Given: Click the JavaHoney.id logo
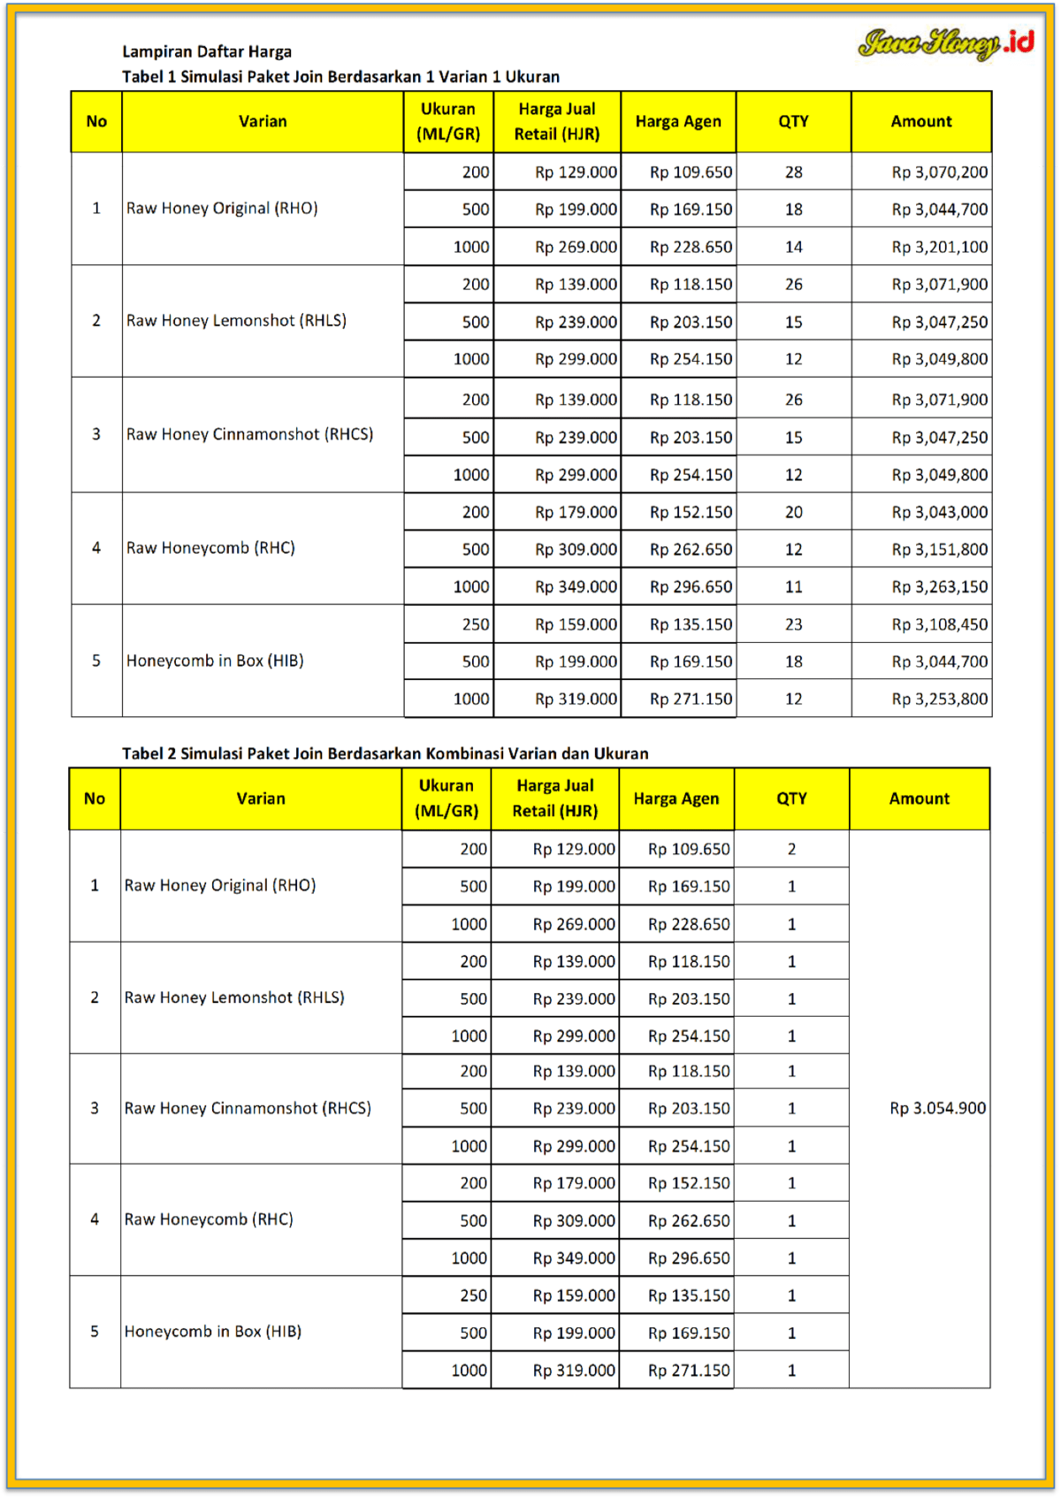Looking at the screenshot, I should (x=945, y=42).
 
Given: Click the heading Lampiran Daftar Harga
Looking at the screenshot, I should (x=207, y=51).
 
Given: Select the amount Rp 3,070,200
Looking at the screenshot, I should (x=939, y=172).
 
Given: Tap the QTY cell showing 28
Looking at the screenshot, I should (x=793, y=172).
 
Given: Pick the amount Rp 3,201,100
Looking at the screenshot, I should (x=939, y=247).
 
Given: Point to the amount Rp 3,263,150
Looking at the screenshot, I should (x=939, y=587).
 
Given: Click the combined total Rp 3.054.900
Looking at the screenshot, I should (x=937, y=1108).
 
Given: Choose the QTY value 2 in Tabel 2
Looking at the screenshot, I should (x=791, y=849).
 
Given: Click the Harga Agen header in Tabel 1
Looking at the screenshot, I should (x=678, y=121).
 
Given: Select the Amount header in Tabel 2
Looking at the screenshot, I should (x=920, y=799).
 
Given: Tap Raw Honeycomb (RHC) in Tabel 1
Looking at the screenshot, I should (x=210, y=548).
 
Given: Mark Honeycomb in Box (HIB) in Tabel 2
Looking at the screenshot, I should (x=213, y=1332).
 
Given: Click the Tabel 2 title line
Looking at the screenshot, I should (x=385, y=753).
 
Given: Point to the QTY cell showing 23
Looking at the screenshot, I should (x=793, y=624).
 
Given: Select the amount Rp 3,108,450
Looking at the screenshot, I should (x=939, y=624).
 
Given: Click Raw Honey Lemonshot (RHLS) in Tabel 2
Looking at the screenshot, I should (x=234, y=997).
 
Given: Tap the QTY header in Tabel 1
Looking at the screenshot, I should (x=793, y=121).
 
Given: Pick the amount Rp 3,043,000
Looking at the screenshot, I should (x=939, y=512).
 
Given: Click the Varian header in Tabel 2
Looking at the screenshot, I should (x=261, y=799).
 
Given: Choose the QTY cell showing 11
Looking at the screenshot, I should (x=793, y=587).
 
